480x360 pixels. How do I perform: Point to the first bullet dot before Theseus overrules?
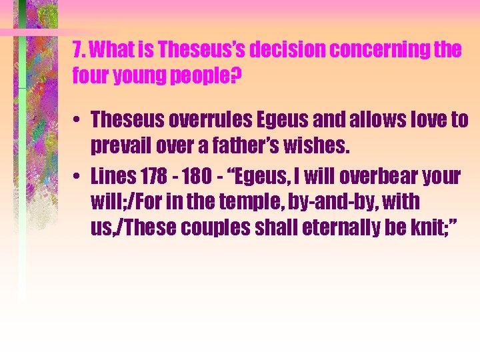point(78,121)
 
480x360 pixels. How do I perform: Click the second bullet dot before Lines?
point(78,177)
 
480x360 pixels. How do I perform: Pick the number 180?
point(195,177)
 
